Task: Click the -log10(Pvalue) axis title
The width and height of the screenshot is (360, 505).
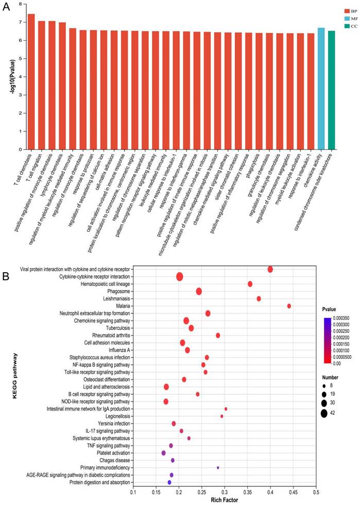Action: [8, 77]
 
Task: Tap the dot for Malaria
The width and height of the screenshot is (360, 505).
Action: [289, 306]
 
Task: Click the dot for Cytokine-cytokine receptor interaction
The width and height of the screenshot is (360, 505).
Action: [180, 277]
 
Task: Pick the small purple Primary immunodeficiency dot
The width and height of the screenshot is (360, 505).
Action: [218, 468]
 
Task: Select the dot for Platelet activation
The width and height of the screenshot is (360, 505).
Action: [163, 453]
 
